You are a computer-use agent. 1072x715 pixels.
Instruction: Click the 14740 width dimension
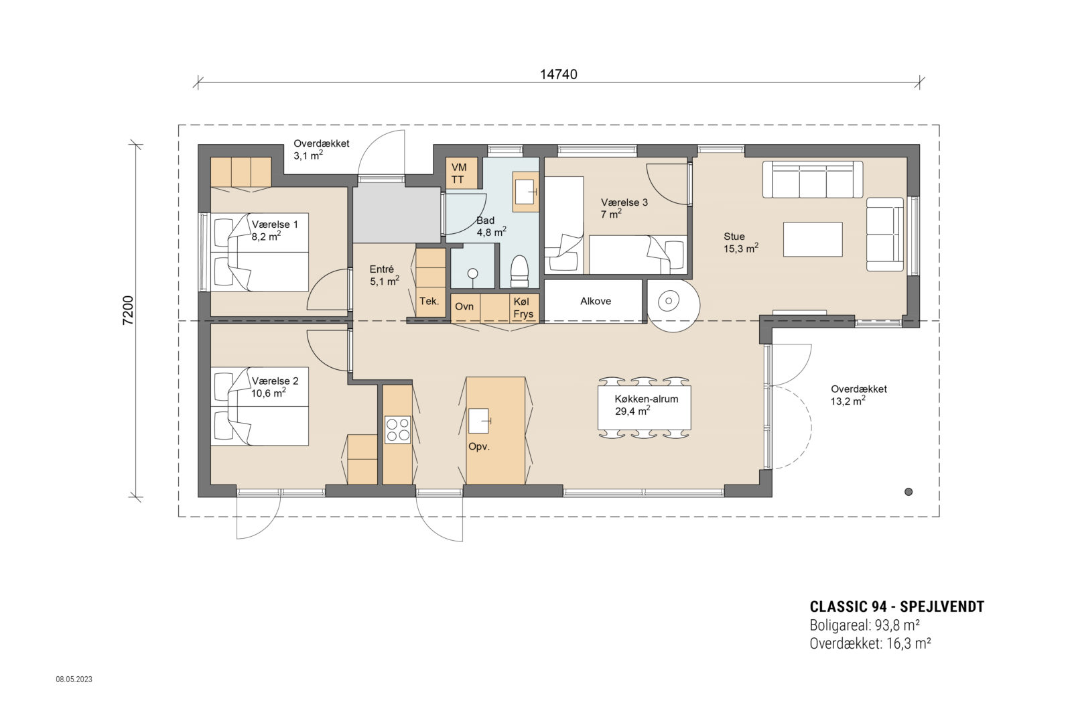(x=558, y=74)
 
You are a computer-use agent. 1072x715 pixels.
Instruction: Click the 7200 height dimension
(x=128, y=310)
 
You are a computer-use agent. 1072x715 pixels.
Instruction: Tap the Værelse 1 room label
(x=275, y=224)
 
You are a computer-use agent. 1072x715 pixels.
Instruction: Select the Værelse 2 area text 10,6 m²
(x=269, y=393)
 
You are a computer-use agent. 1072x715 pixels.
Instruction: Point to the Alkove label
(x=595, y=301)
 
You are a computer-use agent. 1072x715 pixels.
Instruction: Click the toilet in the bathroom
(x=519, y=271)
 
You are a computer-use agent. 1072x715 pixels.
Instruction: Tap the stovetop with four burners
(x=397, y=430)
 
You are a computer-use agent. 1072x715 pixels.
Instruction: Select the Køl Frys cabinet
(x=523, y=308)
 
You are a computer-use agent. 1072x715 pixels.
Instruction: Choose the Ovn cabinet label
(x=464, y=306)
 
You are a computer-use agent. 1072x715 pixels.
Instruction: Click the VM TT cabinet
(x=461, y=173)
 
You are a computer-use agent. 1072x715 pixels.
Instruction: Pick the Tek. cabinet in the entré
(x=429, y=301)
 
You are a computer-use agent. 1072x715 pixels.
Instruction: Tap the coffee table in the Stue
(x=813, y=239)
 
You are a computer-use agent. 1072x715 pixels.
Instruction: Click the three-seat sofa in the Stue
(x=813, y=180)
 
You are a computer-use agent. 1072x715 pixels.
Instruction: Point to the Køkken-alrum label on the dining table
(x=646, y=399)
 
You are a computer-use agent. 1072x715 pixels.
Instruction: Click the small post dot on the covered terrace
(x=908, y=491)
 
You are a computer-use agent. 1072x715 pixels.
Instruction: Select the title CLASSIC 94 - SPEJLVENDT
(x=896, y=607)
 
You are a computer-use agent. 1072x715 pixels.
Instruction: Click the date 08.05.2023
(x=74, y=679)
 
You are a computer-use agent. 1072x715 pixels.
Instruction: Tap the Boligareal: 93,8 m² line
(x=864, y=626)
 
